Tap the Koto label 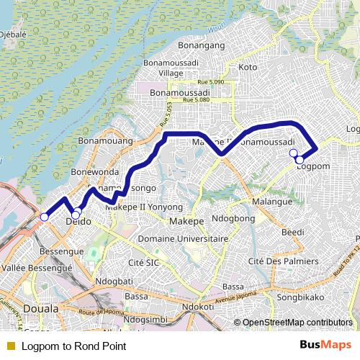248,67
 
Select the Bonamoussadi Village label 171,68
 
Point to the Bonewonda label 94,173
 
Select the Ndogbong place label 234,218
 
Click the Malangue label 273,202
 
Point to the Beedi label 293,232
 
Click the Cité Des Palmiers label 283,261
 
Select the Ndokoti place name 198,306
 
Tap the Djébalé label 13,33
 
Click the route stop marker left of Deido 44,217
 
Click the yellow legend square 10,346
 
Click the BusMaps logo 325,346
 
